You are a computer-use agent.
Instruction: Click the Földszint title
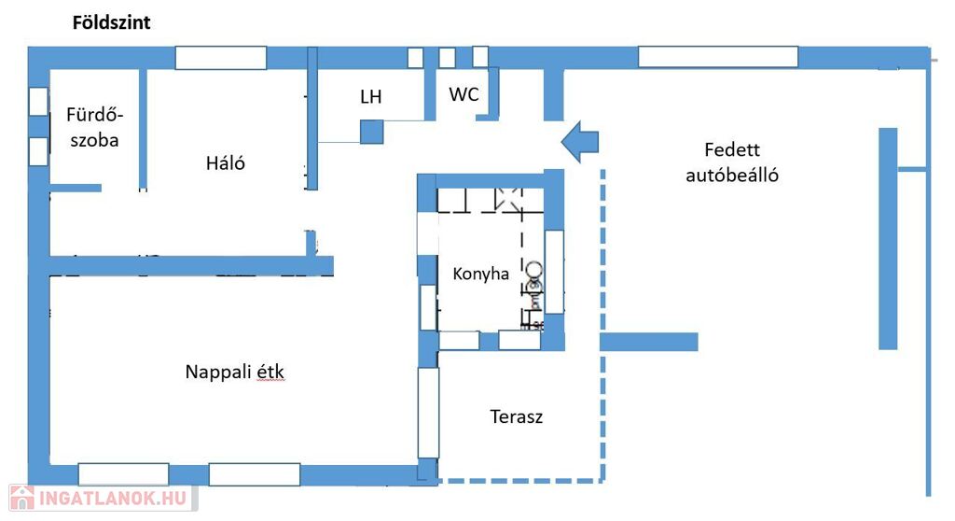coord(111,23)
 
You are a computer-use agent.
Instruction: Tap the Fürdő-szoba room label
coord(94,128)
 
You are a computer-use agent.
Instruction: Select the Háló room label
coord(225,163)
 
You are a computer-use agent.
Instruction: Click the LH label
coord(370,97)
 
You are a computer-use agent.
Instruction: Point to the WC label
coord(464,94)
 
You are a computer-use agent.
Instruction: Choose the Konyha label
coord(480,274)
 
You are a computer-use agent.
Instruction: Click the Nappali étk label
coord(234,372)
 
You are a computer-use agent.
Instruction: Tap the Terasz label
coord(516,416)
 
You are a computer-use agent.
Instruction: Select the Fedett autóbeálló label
coord(732,162)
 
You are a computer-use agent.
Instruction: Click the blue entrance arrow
coord(580,142)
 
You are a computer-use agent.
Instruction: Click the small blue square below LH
coord(371,132)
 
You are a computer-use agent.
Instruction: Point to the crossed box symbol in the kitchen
coord(508,197)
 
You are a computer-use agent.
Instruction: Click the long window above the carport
coord(717,57)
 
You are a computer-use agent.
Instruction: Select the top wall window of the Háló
coord(221,58)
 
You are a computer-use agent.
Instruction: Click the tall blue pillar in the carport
coord(888,238)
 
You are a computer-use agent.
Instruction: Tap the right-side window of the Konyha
coord(554,271)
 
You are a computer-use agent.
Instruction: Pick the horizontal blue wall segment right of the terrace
coord(648,342)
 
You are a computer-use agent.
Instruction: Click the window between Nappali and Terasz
coord(428,412)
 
